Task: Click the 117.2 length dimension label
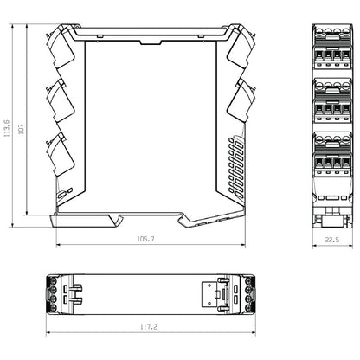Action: pyautogui.click(x=148, y=328)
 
